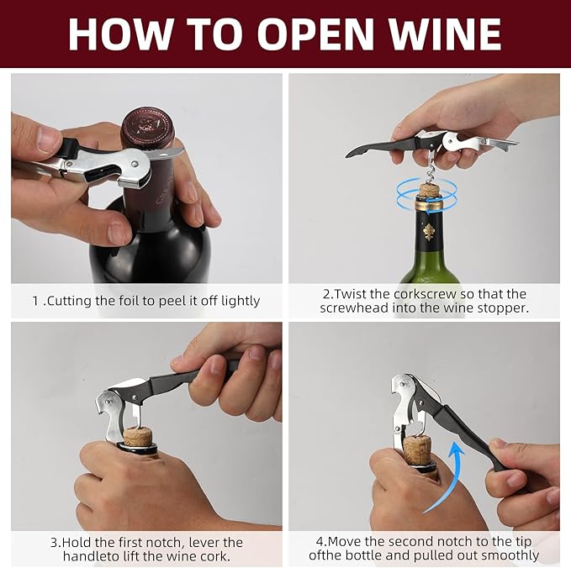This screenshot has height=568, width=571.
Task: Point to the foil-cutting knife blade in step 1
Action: (x=166, y=154)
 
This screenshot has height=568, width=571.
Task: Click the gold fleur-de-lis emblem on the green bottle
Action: (x=429, y=232)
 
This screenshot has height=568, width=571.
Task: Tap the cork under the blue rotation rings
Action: (x=430, y=191)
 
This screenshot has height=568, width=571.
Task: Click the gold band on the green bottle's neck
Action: (x=430, y=206)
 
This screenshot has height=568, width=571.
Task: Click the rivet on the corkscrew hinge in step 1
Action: (x=135, y=165)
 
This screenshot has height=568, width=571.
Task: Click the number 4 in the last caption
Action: (x=320, y=542)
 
